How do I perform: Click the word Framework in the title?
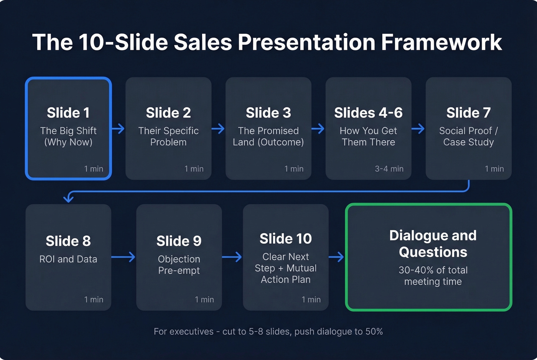click(441, 42)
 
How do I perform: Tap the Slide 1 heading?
click(68, 113)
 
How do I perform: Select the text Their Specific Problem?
click(168, 136)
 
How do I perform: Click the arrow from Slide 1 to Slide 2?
click(118, 129)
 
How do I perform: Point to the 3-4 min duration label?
click(389, 169)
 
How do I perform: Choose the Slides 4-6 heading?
click(368, 113)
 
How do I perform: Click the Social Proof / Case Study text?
click(468, 136)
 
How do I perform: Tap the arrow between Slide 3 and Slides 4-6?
click(318, 129)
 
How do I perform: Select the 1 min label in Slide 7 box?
click(494, 169)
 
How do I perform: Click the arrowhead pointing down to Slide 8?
click(68, 198)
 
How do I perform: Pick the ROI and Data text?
click(68, 259)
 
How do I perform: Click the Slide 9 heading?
click(179, 241)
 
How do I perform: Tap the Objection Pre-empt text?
click(179, 265)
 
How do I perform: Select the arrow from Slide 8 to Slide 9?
click(123, 257)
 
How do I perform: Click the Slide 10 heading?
click(286, 238)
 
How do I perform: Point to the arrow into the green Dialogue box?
click(336, 257)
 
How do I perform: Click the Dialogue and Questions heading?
click(433, 243)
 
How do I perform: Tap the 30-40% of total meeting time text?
click(433, 276)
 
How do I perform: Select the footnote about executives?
click(268, 332)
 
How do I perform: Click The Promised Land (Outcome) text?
click(268, 136)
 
